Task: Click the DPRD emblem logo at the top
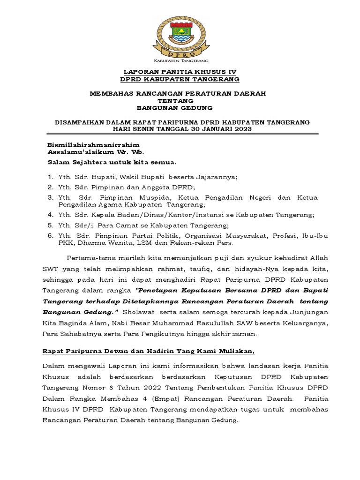[x=180, y=36]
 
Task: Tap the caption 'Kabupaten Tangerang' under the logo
[x=180, y=61]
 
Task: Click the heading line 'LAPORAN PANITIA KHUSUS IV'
[x=180, y=72]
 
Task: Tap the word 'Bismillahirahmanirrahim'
[x=94, y=145]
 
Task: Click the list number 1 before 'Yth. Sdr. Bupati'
[x=50, y=177]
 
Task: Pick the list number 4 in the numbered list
[x=50, y=215]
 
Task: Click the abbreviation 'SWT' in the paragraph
[x=50, y=269]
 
